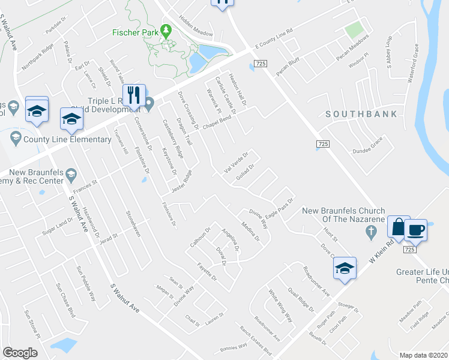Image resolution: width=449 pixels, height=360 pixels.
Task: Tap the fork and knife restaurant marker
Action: [134, 95]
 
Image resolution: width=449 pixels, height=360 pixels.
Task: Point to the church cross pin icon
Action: [372, 231]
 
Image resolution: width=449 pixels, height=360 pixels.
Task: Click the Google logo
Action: [20, 352]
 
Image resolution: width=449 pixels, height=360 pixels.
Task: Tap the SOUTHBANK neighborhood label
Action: [361, 113]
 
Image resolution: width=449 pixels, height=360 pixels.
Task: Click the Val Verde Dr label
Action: [236, 161]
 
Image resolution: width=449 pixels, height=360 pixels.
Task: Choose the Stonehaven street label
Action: [132, 223]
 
